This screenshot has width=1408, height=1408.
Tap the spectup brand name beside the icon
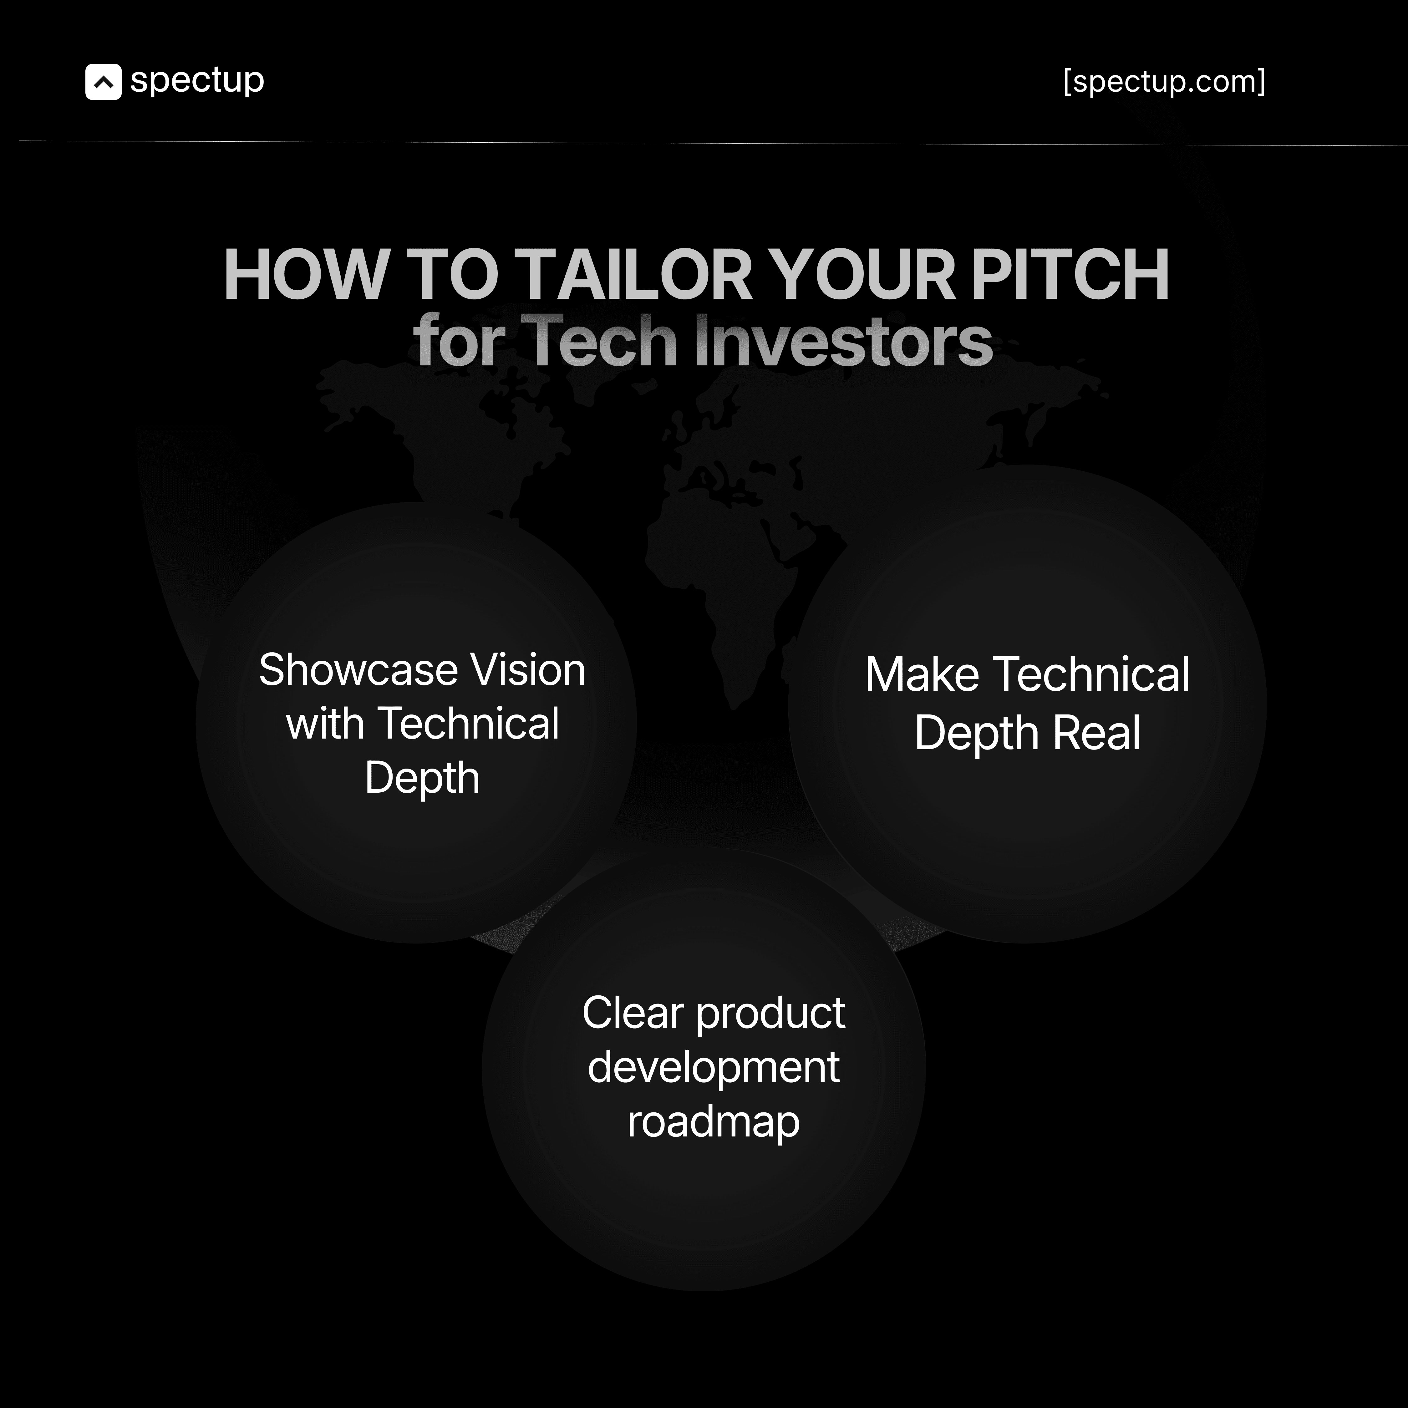(197, 80)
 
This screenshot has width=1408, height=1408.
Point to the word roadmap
(714, 1121)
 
